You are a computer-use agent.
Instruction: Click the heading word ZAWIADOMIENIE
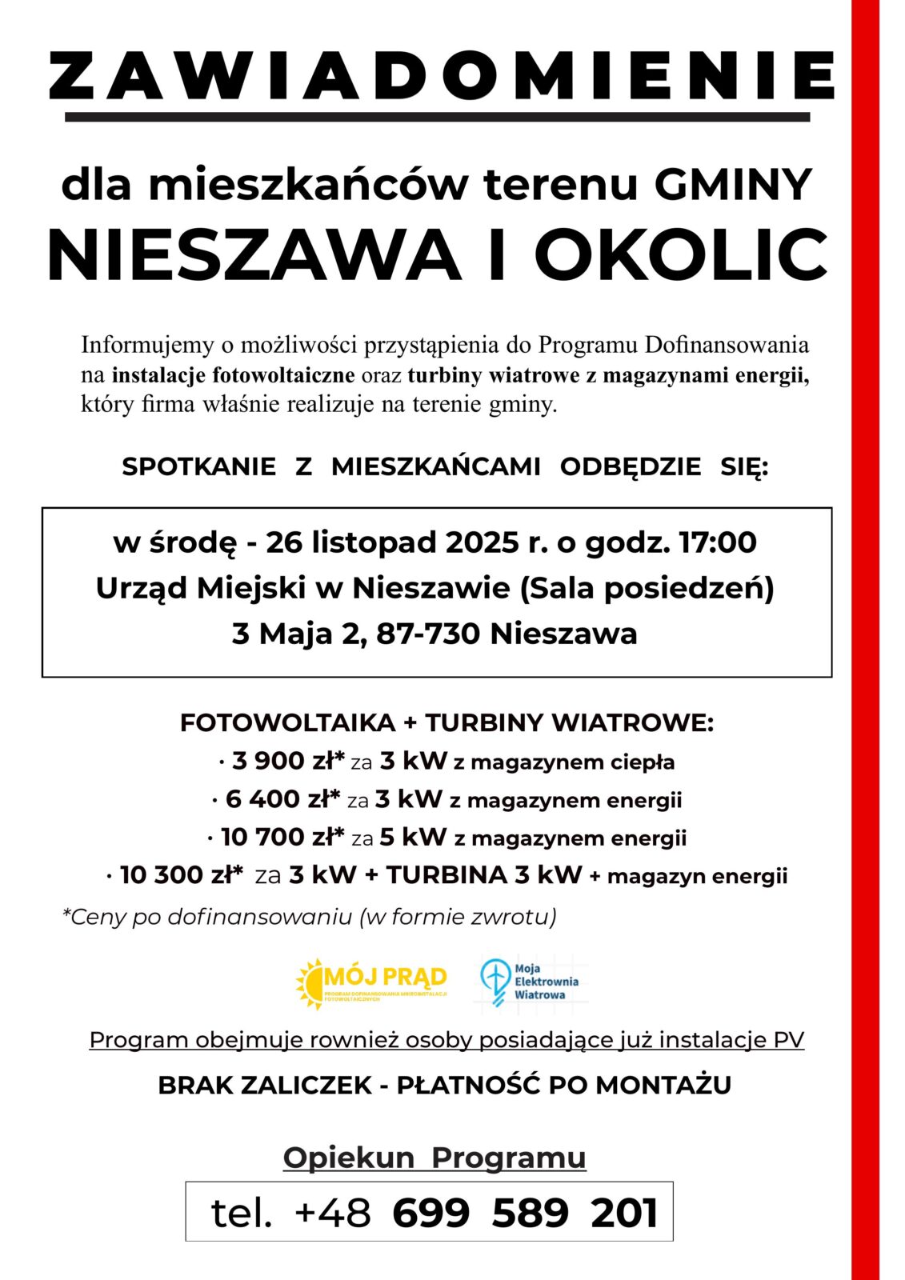[441, 76]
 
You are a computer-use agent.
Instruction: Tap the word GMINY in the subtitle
[733, 184]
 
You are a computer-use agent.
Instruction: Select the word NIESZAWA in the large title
[254, 254]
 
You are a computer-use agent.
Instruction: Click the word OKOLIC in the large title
[680, 254]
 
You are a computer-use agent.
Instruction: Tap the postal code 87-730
[428, 634]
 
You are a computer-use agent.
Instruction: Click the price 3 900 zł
[287, 761]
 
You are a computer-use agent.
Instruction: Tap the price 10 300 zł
[181, 875]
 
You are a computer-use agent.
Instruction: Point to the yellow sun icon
[310, 983]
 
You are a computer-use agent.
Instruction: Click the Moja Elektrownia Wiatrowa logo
[529, 982]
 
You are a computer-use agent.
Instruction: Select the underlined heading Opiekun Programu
[434, 1158]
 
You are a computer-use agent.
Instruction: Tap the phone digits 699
[430, 1213]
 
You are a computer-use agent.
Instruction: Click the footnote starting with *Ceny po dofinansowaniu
[310, 917]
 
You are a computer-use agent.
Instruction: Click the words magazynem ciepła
[572, 762]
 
